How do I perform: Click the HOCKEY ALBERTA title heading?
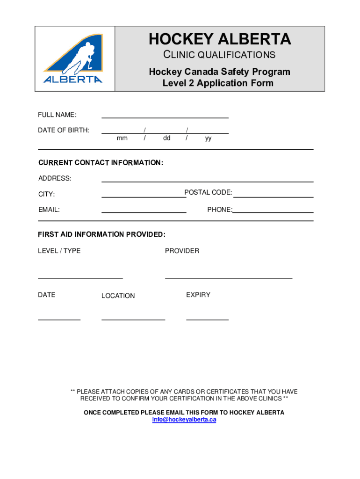pyautogui.click(x=220, y=39)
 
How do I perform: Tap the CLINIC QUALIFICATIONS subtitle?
pyautogui.click(x=220, y=55)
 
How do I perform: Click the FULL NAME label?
pyautogui.click(x=57, y=115)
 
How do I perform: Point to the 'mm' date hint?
pyautogui.click(x=122, y=138)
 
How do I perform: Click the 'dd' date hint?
pyautogui.click(x=166, y=138)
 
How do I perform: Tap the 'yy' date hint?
pyautogui.click(x=208, y=138)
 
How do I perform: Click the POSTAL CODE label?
pyautogui.click(x=208, y=193)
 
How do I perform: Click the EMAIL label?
pyautogui.click(x=49, y=210)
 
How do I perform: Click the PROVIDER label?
pyautogui.click(x=182, y=251)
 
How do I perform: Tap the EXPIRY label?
pyautogui.click(x=198, y=295)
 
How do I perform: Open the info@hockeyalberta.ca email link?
pyautogui.click(x=184, y=420)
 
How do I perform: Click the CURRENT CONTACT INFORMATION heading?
pyautogui.click(x=101, y=163)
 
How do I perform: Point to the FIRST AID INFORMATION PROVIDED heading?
pyautogui.click(x=101, y=234)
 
